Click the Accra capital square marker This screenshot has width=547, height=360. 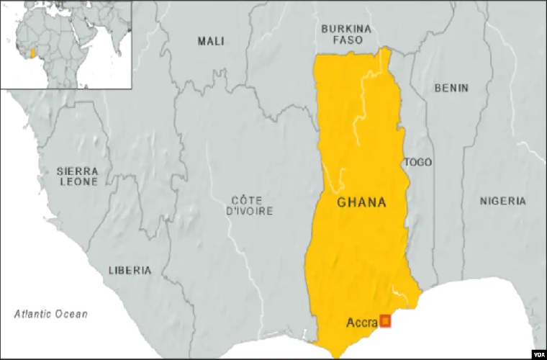tap(385, 321)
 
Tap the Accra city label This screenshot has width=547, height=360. tap(362, 322)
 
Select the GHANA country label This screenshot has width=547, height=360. tap(361, 203)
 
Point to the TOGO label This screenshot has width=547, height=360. tap(418, 162)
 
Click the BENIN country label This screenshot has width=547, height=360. tap(451, 88)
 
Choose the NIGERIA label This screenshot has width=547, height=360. tap(502, 201)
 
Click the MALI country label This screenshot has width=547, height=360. tap(211, 41)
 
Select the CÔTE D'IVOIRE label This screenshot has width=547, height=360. tap(249, 205)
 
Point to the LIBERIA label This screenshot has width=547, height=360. tap(130, 271)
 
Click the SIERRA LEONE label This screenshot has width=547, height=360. tap(77, 177)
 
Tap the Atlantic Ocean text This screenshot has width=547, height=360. tap(51, 314)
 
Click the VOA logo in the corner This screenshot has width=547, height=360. tap(539, 354)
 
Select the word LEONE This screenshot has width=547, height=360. tap(77, 184)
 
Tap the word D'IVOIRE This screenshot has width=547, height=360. tap(249, 211)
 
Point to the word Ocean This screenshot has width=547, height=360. tap(73, 314)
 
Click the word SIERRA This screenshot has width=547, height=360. tap(77, 171)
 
